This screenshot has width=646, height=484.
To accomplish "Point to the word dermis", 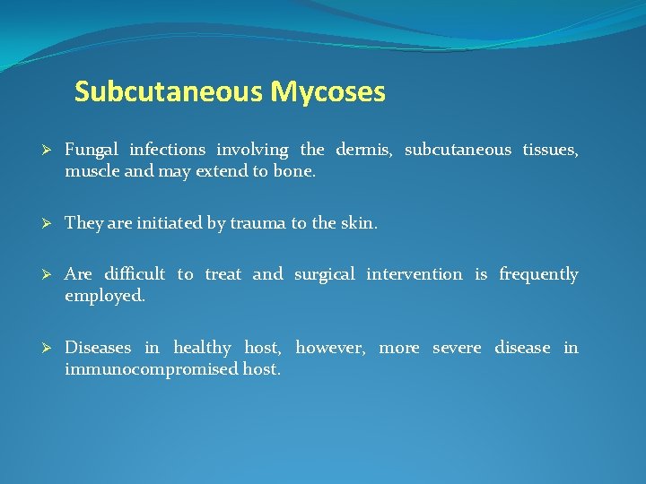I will (x=364, y=150).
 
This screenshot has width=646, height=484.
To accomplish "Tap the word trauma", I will (x=258, y=223).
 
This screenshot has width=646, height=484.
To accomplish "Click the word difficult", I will (x=135, y=274).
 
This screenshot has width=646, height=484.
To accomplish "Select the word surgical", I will (x=325, y=274).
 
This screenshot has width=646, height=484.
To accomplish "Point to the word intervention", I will (x=415, y=274).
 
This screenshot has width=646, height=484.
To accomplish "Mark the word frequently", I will (x=538, y=274).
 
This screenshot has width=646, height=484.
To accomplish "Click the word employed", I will (x=104, y=296).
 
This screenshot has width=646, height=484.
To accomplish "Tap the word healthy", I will (x=202, y=348).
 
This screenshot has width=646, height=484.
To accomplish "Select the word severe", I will (x=458, y=348).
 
